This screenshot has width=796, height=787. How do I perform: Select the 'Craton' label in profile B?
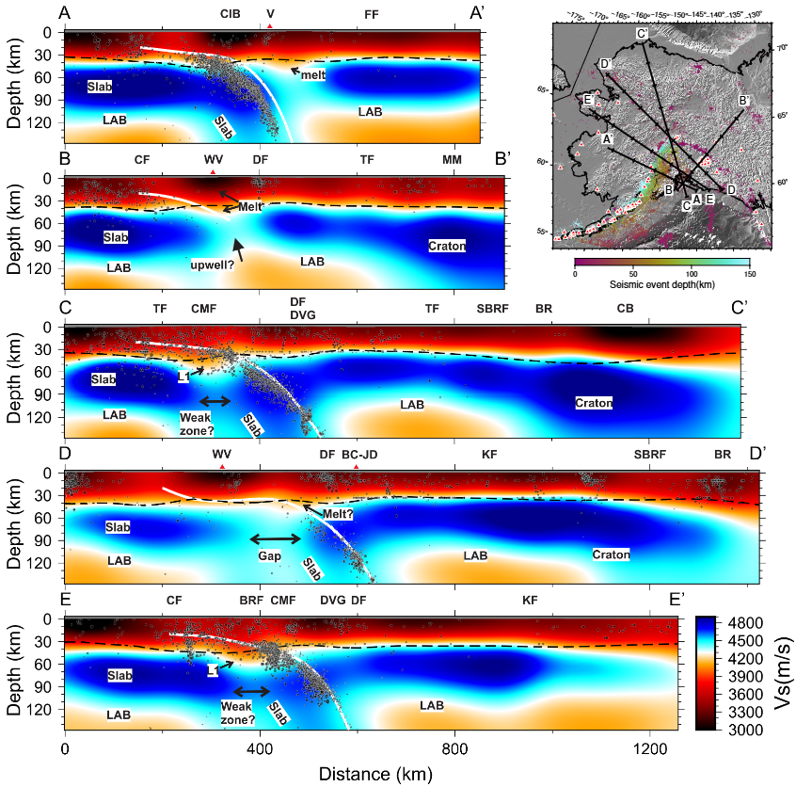(x=447, y=246)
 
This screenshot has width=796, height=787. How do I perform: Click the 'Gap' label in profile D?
(x=270, y=556)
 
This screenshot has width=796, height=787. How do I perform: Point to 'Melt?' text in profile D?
(x=339, y=514)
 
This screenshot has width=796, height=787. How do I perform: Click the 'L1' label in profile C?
(x=184, y=377)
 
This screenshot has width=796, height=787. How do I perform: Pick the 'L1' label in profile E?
(x=214, y=670)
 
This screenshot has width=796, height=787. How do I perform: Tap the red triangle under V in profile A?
(x=270, y=26)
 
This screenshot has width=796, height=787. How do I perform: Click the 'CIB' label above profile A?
(x=231, y=14)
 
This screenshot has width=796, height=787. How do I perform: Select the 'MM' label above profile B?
(x=452, y=161)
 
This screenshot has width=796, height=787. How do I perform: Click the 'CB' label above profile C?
(x=625, y=308)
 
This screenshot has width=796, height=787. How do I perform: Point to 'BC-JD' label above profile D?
(x=359, y=455)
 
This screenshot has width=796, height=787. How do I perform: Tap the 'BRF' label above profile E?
(x=251, y=600)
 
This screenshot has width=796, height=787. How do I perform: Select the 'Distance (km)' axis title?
(x=374, y=774)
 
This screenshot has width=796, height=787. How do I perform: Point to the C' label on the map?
(x=642, y=35)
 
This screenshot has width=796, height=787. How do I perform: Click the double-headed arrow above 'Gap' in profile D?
(x=275, y=538)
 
